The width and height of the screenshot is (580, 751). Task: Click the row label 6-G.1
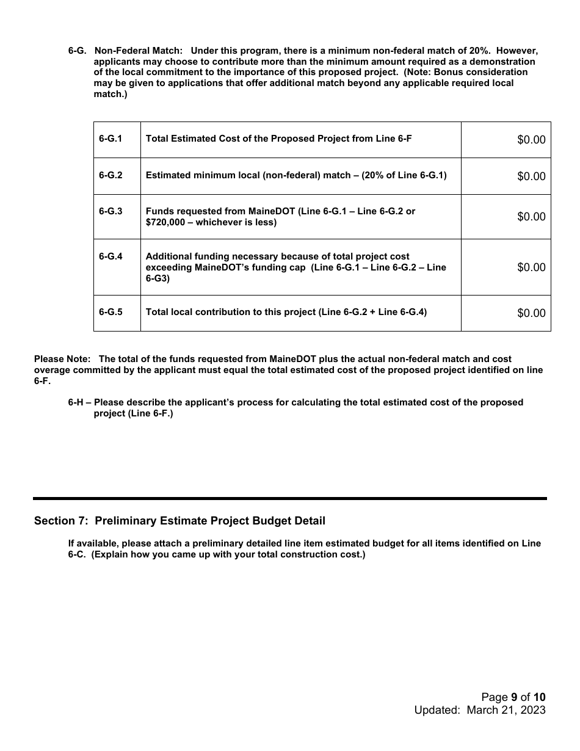coord(111,139)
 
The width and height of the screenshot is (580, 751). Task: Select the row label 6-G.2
coord(111,175)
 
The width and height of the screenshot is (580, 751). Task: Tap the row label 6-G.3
coord(111,211)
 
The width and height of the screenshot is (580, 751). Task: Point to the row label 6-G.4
coord(111,256)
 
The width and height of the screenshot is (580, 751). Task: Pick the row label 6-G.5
coord(111,312)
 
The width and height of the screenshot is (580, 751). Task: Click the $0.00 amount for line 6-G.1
coord(531,140)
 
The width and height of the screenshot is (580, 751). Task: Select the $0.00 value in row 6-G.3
coord(531,217)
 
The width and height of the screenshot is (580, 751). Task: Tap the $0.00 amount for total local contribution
coord(531,313)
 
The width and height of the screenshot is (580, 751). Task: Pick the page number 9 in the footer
coord(514,697)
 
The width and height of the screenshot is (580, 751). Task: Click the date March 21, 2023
coord(506,710)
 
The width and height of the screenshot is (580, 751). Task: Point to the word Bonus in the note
coord(455,72)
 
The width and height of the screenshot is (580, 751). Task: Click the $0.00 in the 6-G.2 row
coord(531,176)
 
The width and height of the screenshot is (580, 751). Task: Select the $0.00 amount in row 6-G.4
coord(531,267)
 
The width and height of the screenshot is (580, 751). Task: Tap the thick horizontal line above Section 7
coord(290,499)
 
